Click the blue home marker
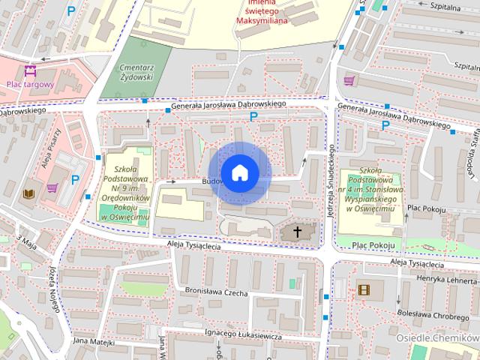pyautogui.click(x=239, y=172)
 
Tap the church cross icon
pyautogui.click(x=298, y=232)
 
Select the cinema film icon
pyautogui.click(x=364, y=289)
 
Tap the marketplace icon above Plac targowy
pyautogui.click(x=30, y=72)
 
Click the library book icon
pyautogui.click(x=29, y=193)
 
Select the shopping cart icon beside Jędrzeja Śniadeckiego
pyautogui.click(x=349, y=80)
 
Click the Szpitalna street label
pyautogui.click(x=445, y=4)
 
